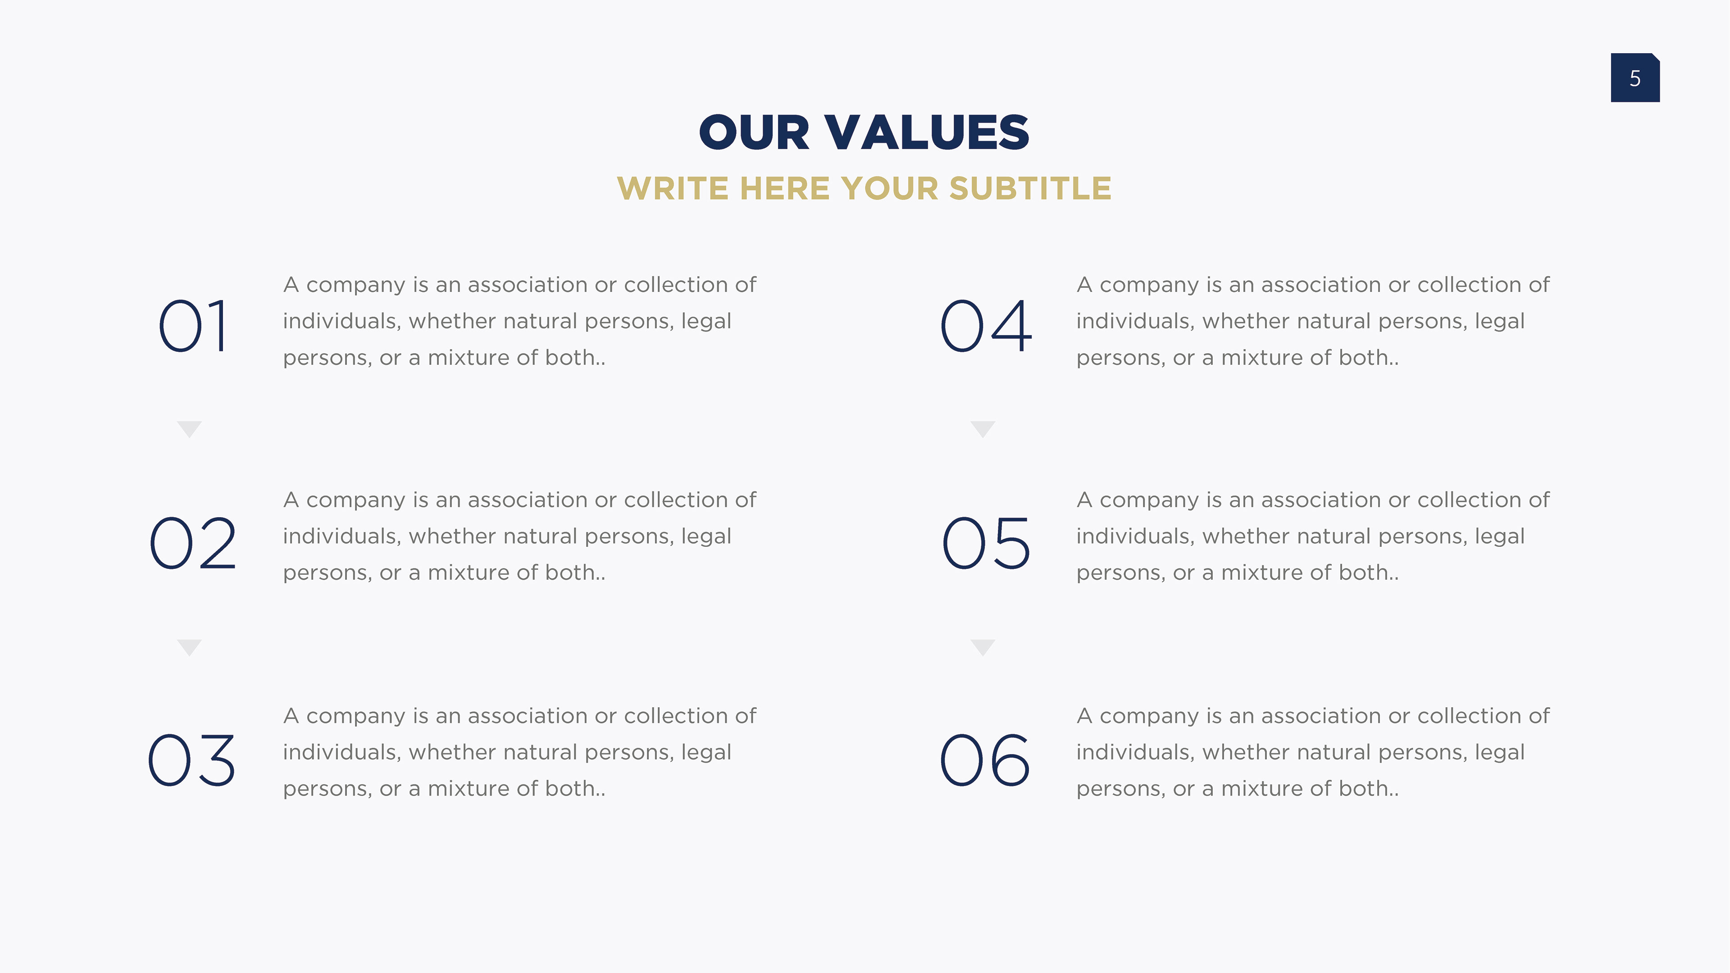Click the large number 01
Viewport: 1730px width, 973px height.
(193, 326)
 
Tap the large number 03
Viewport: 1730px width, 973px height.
(192, 759)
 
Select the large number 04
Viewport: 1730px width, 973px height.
(985, 326)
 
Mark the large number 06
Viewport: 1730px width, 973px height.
(984, 759)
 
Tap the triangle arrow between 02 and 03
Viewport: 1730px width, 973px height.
(189, 647)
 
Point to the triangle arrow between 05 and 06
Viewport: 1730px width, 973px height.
(983, 647)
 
